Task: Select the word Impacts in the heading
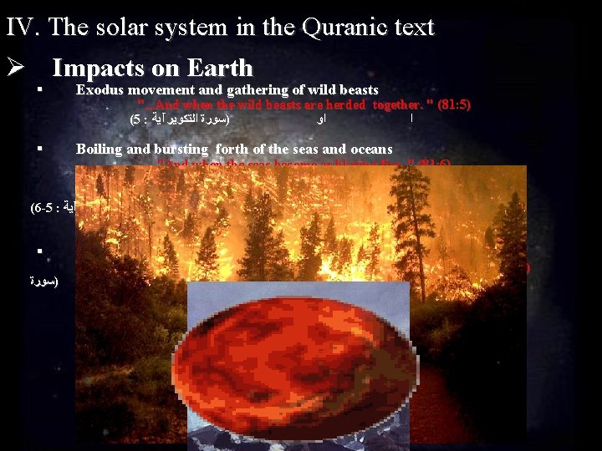(97, 68)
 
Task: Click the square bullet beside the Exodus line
(39, 89)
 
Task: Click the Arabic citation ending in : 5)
(180, 120)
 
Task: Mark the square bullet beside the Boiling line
(39, 149)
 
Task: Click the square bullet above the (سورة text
(39, 251)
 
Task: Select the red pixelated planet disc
(297, 355)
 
